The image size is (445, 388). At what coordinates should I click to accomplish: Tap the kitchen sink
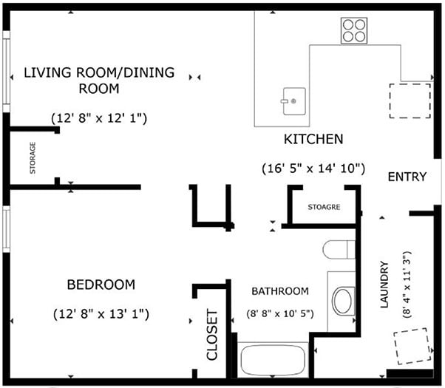[x=293, y=99]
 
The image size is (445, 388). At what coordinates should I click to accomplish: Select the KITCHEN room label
[x=313, y=139]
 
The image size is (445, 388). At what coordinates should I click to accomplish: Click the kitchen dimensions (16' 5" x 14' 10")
[x=314, y=168]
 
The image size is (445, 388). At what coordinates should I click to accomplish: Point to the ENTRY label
[x=407, y=177]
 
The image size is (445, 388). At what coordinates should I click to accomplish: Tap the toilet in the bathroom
[x=339, y=250]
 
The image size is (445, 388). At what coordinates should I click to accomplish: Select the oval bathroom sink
[x=343, y=301]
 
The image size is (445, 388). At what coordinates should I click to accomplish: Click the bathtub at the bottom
[x=272, y=360]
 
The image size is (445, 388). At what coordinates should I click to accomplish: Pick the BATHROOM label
[x=279, y=291]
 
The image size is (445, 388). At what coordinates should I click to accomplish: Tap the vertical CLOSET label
[x=212, y=334]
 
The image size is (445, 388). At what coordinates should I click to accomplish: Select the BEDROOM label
[x=101, y=285]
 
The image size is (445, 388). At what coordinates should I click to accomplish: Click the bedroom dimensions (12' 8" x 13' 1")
[x=101, y=313]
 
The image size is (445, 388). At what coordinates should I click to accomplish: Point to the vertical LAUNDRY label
[x=384, y=286]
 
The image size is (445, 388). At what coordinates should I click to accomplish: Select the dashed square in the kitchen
[x=410, y=101]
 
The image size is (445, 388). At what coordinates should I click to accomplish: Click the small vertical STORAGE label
[x=33, y=157]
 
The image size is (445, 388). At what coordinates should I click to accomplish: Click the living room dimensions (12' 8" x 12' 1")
[x=99, y=118]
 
